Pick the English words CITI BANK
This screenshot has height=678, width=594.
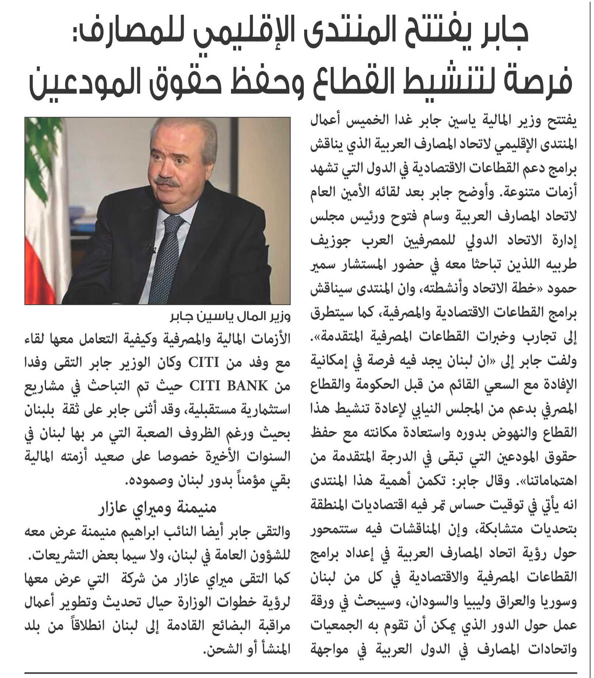point(228,386)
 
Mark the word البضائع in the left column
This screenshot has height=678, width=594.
point(232,626)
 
